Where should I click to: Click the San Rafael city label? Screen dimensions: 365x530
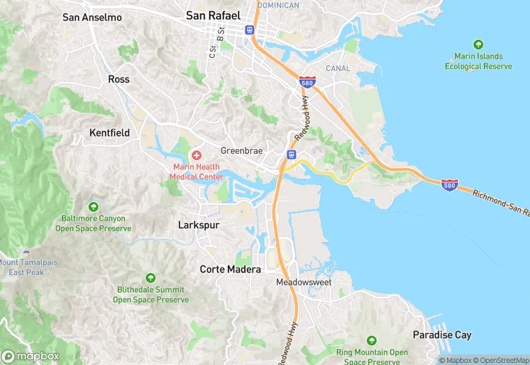[213, 15]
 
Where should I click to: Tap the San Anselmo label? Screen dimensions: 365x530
[92, 17]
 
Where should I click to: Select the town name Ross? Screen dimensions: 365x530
[119, 79]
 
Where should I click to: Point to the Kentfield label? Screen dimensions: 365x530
[109, 132]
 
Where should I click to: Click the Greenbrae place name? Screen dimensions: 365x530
[241, 150]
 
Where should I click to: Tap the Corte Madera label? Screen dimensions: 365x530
[230, 269]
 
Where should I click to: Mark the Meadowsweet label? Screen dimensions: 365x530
[303, 282]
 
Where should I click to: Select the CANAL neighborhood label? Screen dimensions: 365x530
[338, 68]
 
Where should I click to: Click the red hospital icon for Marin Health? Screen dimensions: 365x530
[197, 155]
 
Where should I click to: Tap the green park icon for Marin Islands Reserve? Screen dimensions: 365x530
[478, 44]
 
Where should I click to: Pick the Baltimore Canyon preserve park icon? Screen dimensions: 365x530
[93, 207]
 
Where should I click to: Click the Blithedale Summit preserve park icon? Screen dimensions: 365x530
[151, 278]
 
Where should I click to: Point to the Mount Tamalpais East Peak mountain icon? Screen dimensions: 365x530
[26, 251]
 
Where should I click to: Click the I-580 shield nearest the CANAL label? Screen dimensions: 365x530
[307, 82]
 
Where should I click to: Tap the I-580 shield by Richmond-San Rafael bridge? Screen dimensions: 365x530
[450, 185]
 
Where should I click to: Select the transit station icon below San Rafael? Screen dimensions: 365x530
[250, 30]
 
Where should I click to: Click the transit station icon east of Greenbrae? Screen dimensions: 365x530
[291, 154]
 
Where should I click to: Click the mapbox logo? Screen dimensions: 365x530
[31, 356]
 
